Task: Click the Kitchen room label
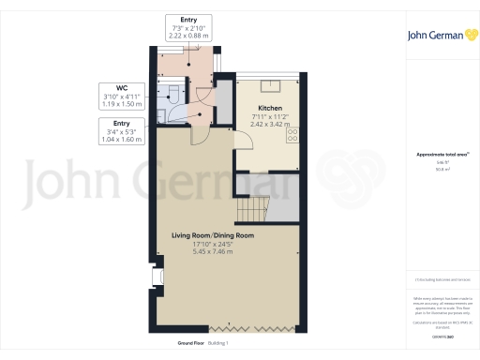coord(270,108)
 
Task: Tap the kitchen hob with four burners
coord(292,135)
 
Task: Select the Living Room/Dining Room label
coord(213,235)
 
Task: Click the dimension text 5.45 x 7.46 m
coord(213,252)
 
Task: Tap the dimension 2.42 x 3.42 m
coord(270,125)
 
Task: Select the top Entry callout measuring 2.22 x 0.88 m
coord(187,27)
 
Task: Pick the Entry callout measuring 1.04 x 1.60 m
coord(121,131)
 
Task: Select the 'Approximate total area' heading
coord(440,156)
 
